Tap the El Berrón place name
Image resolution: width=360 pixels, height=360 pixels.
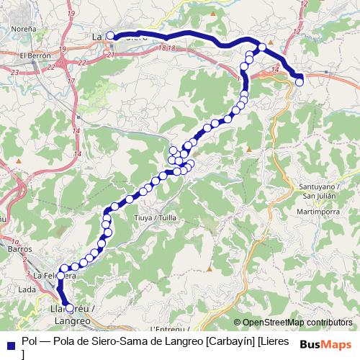click(x=34, y=55)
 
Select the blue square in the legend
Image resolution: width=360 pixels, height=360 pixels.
click(x=10, y=343)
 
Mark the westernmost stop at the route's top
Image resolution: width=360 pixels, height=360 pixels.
click(x=110, y=35)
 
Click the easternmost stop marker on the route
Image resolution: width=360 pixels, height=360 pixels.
click(x=300, y=81)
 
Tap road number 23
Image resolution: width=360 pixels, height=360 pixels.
click(x=14, y=72)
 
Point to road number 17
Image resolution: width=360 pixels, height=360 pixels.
click(x=71, y=81)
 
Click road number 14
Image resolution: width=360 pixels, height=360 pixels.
click(x=275, y=69)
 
